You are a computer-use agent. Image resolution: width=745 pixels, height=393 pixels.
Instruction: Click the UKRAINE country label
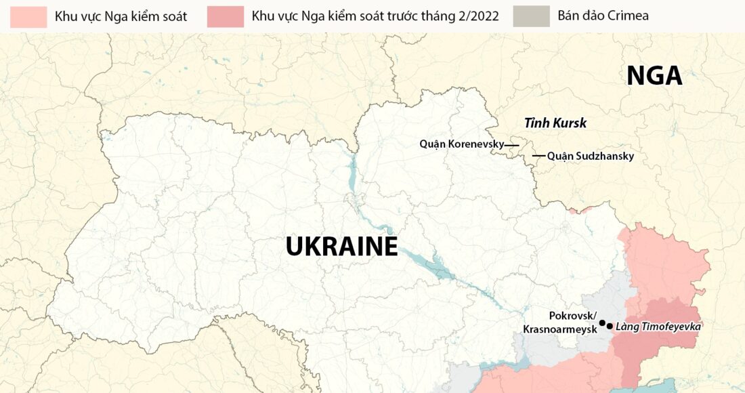(x=341, y=246)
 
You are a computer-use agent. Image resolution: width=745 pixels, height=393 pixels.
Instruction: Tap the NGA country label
(x=654, y=76)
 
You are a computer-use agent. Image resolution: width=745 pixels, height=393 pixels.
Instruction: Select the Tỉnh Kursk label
(x=555, y=123)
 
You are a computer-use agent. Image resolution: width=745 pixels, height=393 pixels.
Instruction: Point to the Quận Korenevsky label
(x=461, y=144)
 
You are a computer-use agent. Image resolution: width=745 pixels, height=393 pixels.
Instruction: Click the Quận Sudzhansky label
(x=590, y=156)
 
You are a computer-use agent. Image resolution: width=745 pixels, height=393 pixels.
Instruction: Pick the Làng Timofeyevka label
(x=658, y=327)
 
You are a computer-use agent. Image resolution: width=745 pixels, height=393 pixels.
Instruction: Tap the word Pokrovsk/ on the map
(x=572, y=316)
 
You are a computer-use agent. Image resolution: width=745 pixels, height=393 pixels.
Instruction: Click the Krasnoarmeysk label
(x=559, y=329)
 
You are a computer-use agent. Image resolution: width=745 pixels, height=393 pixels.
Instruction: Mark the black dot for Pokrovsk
(x=602, y=323)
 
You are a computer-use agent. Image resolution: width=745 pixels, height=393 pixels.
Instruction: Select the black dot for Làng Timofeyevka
(x=610, y=327)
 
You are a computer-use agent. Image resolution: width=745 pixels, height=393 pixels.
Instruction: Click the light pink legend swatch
(x=30, y=16)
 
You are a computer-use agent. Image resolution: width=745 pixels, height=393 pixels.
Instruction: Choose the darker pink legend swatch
(x=226, y=16)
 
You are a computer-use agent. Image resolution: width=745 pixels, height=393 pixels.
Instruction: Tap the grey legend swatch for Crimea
(x=532, y=16)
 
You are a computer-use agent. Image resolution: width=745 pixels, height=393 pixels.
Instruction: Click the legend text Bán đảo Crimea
(x=603, y=16)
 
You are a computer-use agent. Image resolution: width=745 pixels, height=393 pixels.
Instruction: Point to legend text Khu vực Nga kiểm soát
(x=121, y=16)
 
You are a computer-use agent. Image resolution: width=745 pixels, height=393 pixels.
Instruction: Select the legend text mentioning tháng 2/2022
(x=375, y=16)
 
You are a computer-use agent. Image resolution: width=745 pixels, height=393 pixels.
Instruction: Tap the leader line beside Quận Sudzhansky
(x=538, y=156)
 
